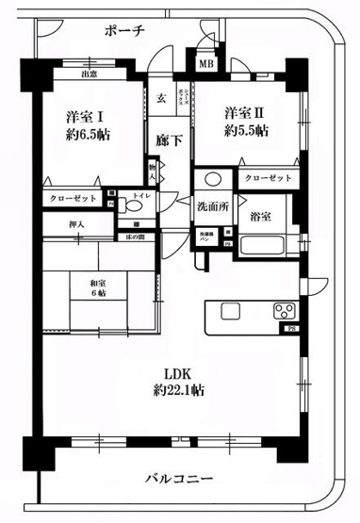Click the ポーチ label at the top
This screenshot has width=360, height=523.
pyautogui.click(x=125, y=30)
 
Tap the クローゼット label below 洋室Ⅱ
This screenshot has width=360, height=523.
pyautogui.click(x=267, y=178)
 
